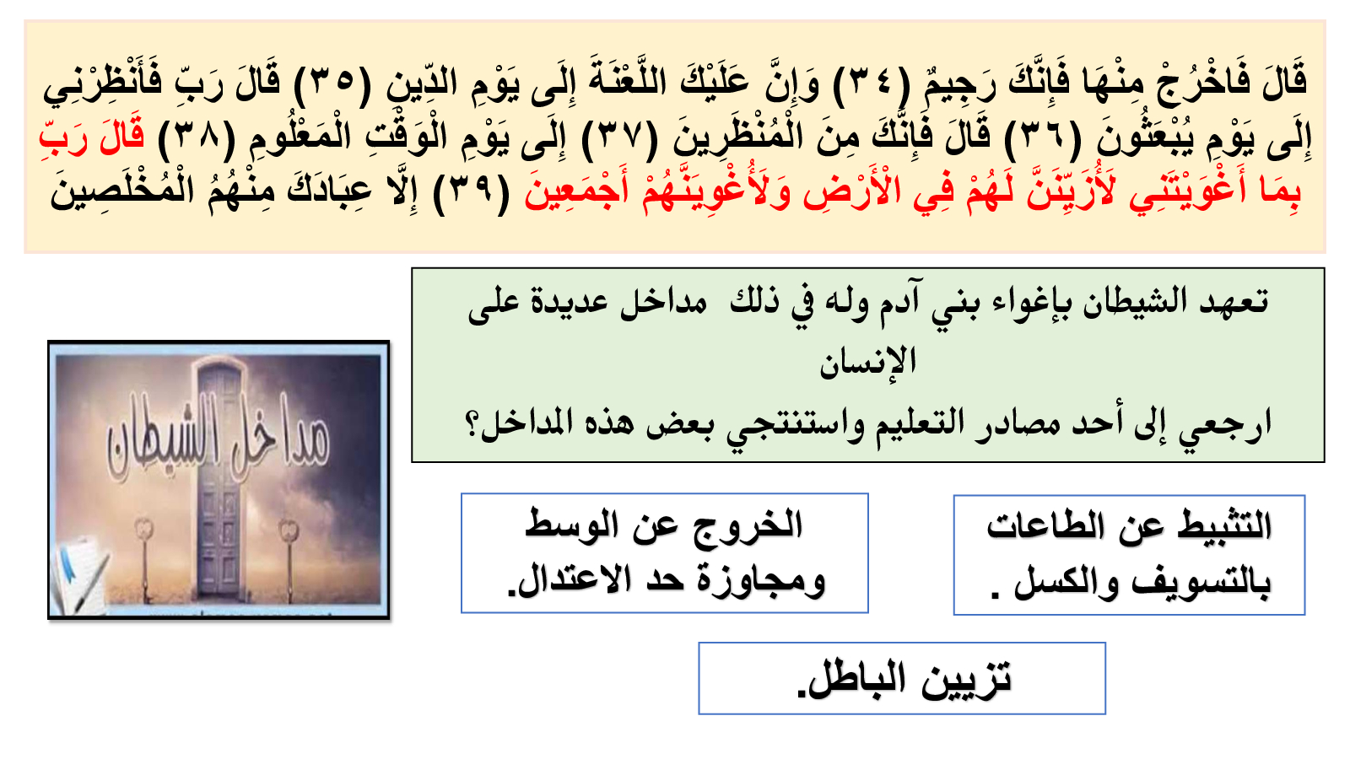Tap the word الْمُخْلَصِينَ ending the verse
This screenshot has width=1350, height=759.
[x=123, y=189]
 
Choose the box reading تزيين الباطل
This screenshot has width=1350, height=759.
[x=902, y=678]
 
